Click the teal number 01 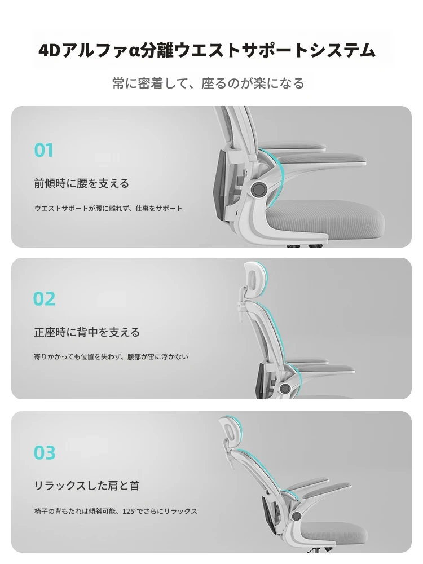coord(44,151)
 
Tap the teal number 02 coord(44,299)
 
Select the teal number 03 coord(45,452)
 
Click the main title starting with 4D coord(207,50)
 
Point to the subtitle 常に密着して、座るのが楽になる coord(208,83)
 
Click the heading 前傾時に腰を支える coord(82,183)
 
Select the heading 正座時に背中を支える coord(87,332)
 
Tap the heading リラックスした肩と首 coord(87,486)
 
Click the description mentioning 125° coord(116,511)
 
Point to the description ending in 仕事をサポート coord(108,208)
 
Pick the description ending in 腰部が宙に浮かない coord(111,357)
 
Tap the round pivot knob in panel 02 coord(285,388)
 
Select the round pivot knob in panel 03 coord(297,516)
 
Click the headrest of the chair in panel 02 coord(255,279)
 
